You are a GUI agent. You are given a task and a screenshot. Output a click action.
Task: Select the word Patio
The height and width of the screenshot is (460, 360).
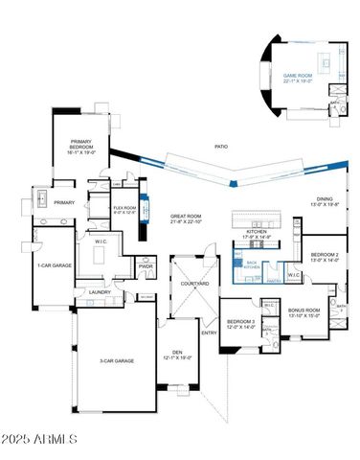pos(221,147)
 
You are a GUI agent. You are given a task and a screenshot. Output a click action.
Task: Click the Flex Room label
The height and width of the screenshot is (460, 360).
pos(124,209)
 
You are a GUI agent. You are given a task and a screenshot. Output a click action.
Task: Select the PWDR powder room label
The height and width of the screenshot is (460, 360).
pos(146,266)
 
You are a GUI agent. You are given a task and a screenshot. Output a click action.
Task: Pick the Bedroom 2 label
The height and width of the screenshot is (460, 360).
pos(325,256)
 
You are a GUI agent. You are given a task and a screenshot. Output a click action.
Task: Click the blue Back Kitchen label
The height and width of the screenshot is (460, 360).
pos(252,264)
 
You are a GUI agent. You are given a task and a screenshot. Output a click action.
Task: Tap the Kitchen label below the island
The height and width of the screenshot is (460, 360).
pos(257,234)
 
